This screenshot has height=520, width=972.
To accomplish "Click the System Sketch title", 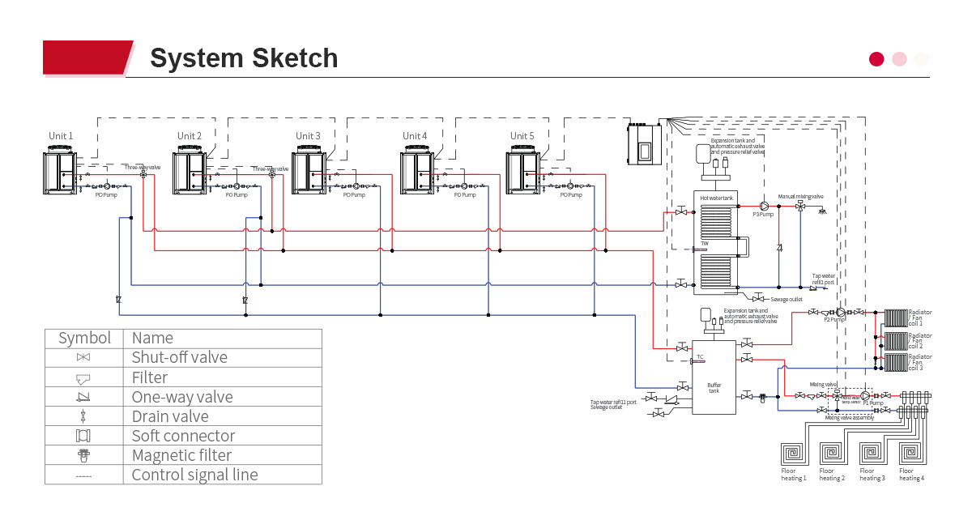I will [244, 58].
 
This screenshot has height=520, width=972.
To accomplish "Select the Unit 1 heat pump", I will [61, 171].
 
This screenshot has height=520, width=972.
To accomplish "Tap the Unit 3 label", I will [308, 136].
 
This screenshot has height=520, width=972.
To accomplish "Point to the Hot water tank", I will [715, 243].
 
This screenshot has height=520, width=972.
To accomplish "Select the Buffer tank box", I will [714, 377].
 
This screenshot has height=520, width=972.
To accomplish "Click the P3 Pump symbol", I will [763, 206].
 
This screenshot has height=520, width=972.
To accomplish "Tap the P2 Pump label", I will [835, 320].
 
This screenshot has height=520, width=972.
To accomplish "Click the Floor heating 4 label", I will [911, 475].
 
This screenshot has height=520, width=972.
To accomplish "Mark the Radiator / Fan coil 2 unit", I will [895, 340].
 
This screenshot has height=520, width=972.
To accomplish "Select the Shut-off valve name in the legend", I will [179, 357].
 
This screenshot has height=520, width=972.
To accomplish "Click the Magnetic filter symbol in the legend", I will [83, 456].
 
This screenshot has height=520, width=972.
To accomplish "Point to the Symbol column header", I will [84, 338].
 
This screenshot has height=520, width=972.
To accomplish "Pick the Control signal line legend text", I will [194, 475].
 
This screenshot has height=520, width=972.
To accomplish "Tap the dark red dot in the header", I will [876, 58].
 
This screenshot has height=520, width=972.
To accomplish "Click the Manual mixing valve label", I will [800, 196].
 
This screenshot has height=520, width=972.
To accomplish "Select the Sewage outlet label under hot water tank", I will [786, 299].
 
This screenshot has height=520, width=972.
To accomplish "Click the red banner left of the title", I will [85, 58].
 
